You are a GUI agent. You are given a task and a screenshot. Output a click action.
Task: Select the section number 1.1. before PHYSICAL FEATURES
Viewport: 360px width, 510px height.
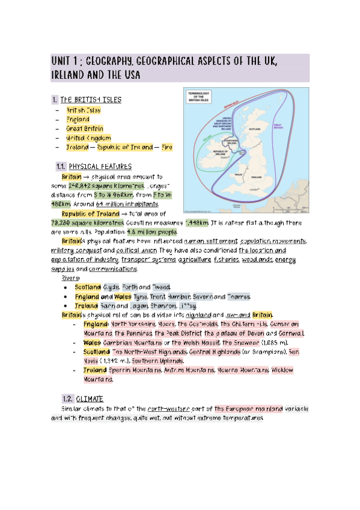click(x=60, y=166)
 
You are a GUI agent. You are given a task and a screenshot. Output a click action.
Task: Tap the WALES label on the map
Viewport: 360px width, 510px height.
click(x=239, y=173)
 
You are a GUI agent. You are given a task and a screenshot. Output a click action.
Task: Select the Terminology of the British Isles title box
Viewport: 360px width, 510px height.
click(x=203, y=97)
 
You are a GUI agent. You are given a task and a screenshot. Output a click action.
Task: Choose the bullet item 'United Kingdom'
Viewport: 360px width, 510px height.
click(x=88, y=138)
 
